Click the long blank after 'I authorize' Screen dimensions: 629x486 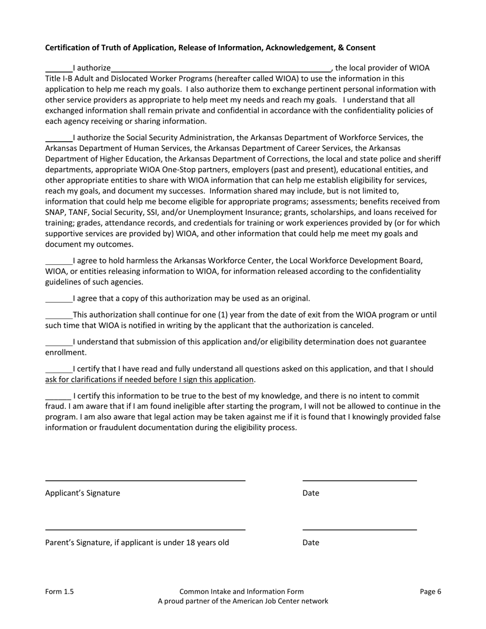click(221, 69)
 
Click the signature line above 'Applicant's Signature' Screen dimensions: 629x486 click(145, 480)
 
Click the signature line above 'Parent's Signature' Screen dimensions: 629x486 click(145, 529)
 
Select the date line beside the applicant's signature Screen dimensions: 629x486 click(360, 480)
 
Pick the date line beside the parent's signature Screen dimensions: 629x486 click(360, 529)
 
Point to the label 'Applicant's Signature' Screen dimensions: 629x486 click(83, 493)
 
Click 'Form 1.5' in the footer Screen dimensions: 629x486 click(59, 592)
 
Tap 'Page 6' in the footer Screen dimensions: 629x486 click(430, 592)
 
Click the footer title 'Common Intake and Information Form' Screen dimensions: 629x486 click(241, 592)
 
